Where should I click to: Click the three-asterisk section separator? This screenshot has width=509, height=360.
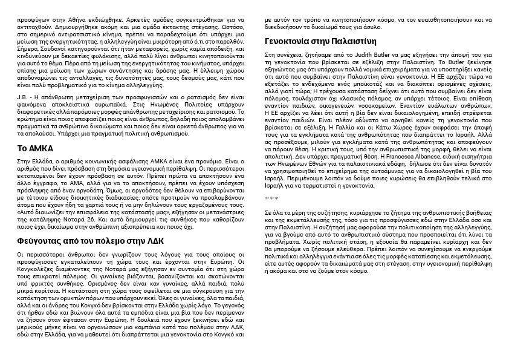[x=271, y=198]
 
